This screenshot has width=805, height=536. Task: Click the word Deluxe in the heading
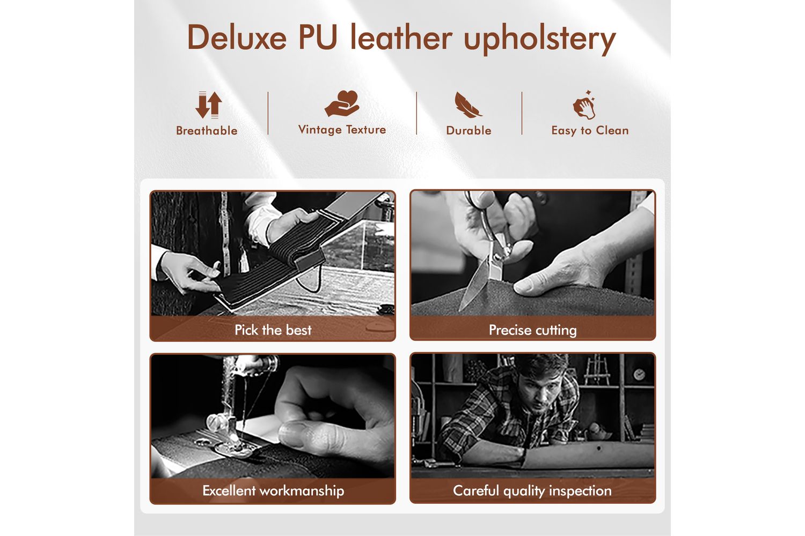coord(237,38)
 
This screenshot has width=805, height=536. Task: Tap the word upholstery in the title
coord(540,39)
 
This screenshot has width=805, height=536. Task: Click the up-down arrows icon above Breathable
coord(208,105)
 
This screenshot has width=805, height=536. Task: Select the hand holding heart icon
coord(342,103)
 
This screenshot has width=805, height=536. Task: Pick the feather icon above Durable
coord(468,105)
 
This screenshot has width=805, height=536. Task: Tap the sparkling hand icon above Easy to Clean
coord(584,105)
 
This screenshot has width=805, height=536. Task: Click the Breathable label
coord(207,131)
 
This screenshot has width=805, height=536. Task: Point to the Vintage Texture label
coord(342,130)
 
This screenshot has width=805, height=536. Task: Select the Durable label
coord(469,130)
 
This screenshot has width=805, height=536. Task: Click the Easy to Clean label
coord(590,131)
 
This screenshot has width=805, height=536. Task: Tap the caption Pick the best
coord(273,330)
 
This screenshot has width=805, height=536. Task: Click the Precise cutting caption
coord(532,330)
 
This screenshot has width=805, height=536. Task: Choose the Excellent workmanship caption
coord(273,491)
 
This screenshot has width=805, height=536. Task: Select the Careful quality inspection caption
coord(532,491)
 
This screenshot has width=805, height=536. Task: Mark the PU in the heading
coord(318,38)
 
